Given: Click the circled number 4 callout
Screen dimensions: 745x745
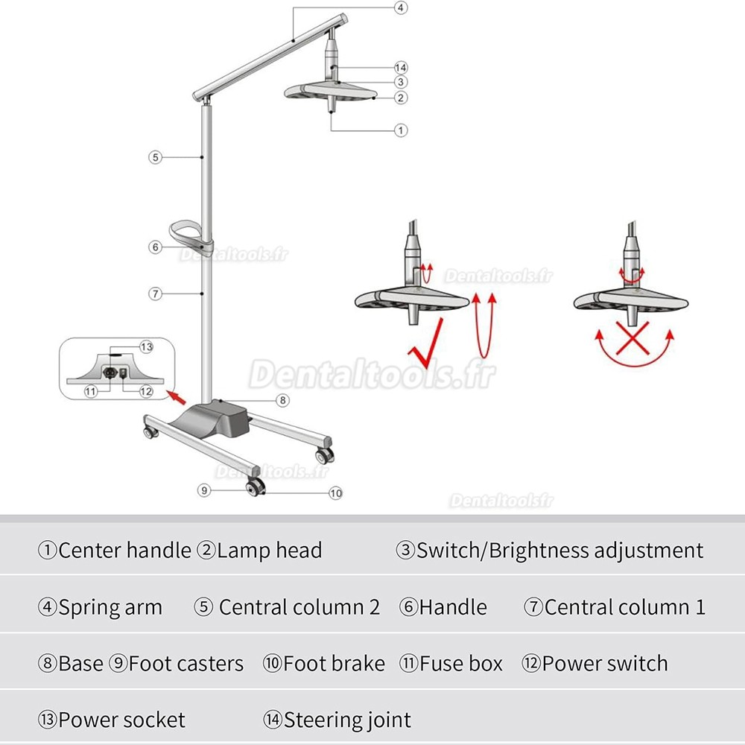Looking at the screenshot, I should pos(400,8).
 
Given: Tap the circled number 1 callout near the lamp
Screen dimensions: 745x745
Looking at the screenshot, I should pos(401,130).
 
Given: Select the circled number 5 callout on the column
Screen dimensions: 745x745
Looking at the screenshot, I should pos(155,157).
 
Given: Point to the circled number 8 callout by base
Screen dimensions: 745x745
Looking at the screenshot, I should pos(282,400).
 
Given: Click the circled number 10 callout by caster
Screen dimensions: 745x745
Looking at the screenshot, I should pos(335,493).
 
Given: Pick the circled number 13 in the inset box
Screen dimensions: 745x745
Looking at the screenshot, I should pos(146,346).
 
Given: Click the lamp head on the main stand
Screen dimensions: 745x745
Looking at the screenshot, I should pos(328,93).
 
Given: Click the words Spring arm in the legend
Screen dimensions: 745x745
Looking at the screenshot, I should pos(110,607).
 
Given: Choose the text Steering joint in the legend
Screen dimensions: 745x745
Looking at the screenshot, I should pos(346,720).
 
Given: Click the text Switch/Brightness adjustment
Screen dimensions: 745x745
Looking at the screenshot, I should pos(559,551).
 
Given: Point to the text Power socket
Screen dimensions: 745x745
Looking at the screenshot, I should pos(121,720).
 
